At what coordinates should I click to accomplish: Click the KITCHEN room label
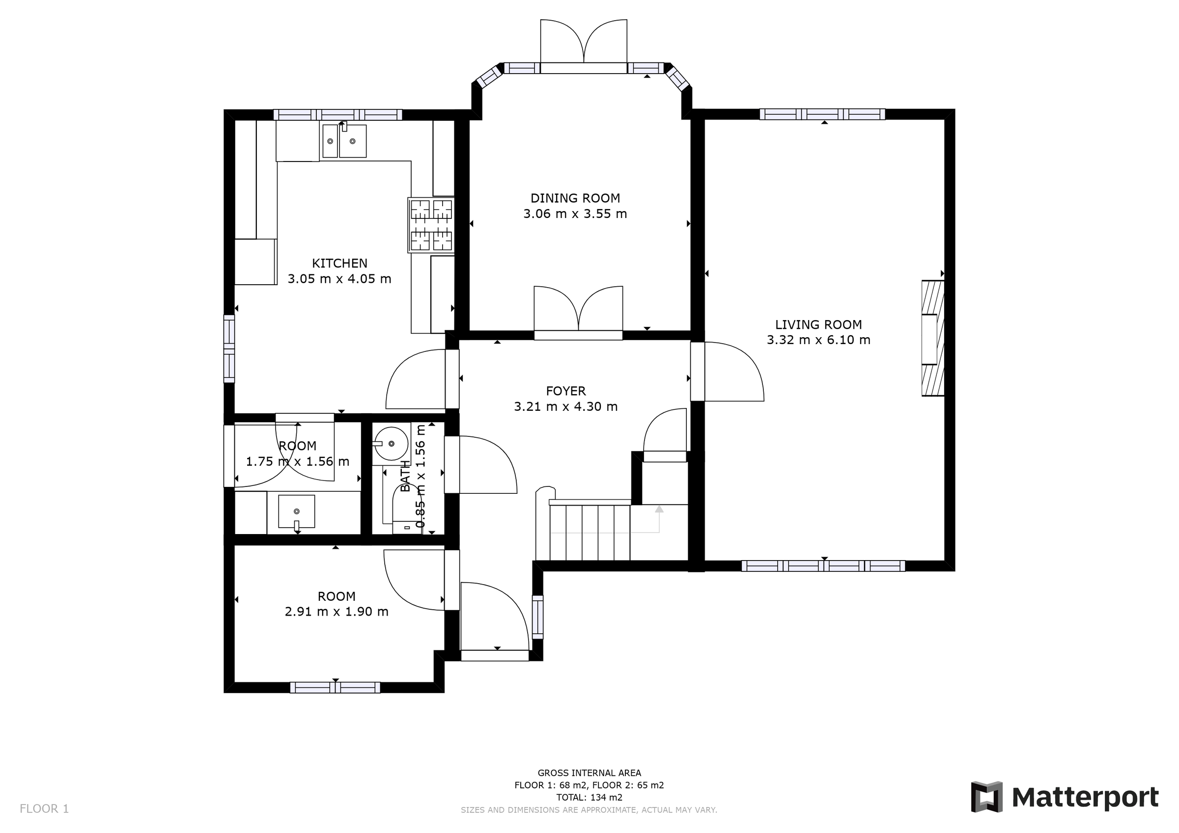click(339, 263)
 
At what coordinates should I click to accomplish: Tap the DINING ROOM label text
click(575, 198)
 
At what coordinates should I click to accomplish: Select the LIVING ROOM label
click(818, 324)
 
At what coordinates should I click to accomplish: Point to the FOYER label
click(565, 391)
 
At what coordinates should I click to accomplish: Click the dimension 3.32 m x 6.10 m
click(818, 340)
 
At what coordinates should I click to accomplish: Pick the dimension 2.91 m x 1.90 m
click(337, 612)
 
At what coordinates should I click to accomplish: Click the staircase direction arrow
click(659, 510)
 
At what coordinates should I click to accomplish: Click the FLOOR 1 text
click(44, 809)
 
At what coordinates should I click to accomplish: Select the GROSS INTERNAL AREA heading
click(589, 773)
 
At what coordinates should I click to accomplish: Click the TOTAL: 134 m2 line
click(589, 798)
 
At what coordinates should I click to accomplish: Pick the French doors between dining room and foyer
click(578, 335)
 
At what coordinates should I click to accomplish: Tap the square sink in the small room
click(296, 511)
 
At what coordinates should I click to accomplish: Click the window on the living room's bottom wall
click(823, 566)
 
